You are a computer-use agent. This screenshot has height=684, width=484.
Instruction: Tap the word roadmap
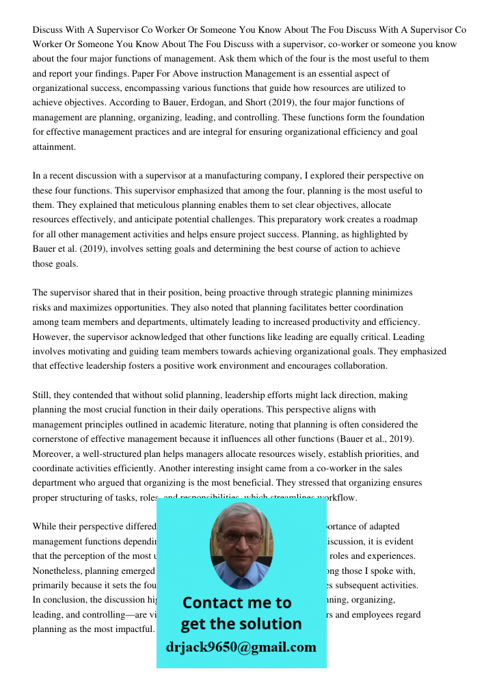point(399,220)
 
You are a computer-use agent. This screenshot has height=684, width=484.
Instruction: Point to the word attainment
point(54,146)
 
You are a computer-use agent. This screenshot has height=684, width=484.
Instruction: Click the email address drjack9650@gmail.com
point(241,647)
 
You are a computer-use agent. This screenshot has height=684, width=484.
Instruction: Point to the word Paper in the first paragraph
point(164,74)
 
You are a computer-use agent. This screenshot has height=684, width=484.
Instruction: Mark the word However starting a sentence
point(53,337)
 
